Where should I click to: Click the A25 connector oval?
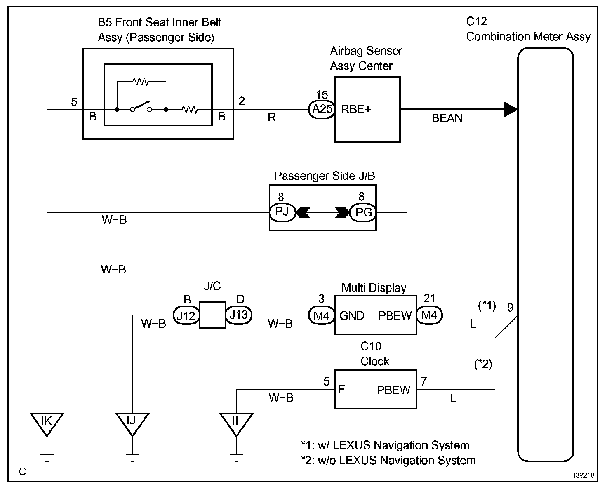pos(321,110)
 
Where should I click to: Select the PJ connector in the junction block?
pos(282,213)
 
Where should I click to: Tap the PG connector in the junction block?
pos(363,213)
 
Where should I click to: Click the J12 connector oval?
pos(186,315)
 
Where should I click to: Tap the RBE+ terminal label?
pos(356,110)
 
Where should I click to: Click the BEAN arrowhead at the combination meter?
pos(511,110)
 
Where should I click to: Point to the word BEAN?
pos(447,119)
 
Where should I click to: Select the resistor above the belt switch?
pos(141,82)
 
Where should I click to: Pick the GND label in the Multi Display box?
pos(352,316)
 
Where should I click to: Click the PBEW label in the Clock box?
pos(393,390)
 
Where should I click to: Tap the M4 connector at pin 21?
pos(429,315)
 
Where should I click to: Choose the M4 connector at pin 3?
pos(321,315)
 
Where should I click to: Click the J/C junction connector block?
pos(212,315)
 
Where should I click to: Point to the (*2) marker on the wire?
pos(484,364)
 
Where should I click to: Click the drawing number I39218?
pos(583,475)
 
